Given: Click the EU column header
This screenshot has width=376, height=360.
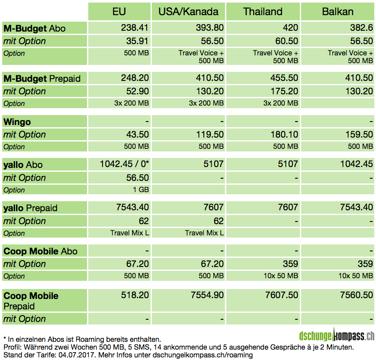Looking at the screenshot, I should pos(119,11).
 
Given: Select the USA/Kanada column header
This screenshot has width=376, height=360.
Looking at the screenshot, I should pos(188,11).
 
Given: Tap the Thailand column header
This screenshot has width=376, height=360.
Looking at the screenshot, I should pos(263,11).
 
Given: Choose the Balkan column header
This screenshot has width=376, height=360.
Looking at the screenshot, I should pos(337,11).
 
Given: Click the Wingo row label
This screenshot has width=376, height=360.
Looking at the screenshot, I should pos(17,122).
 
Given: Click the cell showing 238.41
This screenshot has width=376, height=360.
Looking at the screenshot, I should pos(135,28).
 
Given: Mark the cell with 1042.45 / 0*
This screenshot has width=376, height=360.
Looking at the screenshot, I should pos(124,165).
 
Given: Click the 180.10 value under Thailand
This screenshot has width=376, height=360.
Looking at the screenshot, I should pos(284,135).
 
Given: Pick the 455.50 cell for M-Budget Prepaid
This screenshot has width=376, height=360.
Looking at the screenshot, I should pos(284,79).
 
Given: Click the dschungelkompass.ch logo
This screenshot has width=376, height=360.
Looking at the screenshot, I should pos(337,335).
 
